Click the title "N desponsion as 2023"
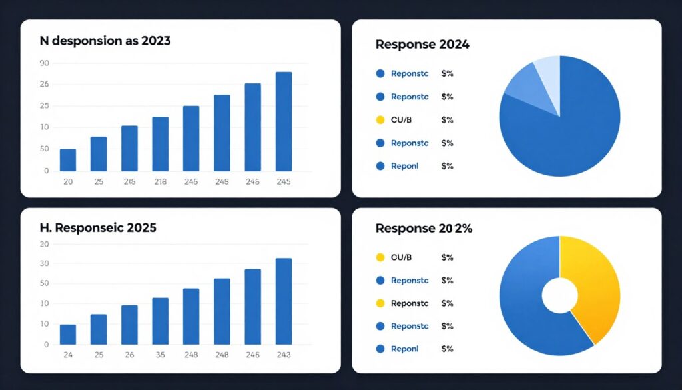click(105, 41)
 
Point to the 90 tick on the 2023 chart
click(45, 63)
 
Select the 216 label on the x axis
click(129, 182)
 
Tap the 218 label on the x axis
click(160, 182)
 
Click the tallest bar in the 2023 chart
click(284, 121)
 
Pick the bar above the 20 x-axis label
click(68, 160)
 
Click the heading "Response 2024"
click(422, 45)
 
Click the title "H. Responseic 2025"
click(98, 227)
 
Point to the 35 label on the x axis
click(160, 355)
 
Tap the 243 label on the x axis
click(284, 355)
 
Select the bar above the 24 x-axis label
click(68, 335)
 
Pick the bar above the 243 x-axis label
click(284, 301)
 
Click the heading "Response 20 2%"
click(424, 228)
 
